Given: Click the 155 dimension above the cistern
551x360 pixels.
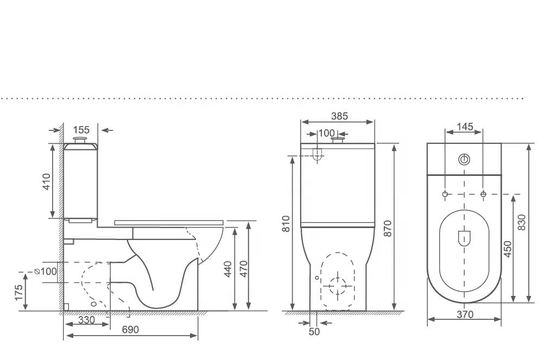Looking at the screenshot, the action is point(81,130).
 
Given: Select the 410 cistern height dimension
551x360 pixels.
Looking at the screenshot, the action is point(46,182).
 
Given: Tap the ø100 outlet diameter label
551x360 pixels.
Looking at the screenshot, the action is point(46,271).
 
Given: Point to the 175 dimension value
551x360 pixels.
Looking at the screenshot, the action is point(18,293).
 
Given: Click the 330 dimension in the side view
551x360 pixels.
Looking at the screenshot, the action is point(86,320).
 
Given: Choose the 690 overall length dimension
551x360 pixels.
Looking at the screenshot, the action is point(130,330).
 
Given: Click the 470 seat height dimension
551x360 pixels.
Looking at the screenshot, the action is point(244,269).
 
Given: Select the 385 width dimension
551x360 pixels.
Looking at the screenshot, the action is point(339,116).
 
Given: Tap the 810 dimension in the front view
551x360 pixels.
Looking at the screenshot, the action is point(287,224).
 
